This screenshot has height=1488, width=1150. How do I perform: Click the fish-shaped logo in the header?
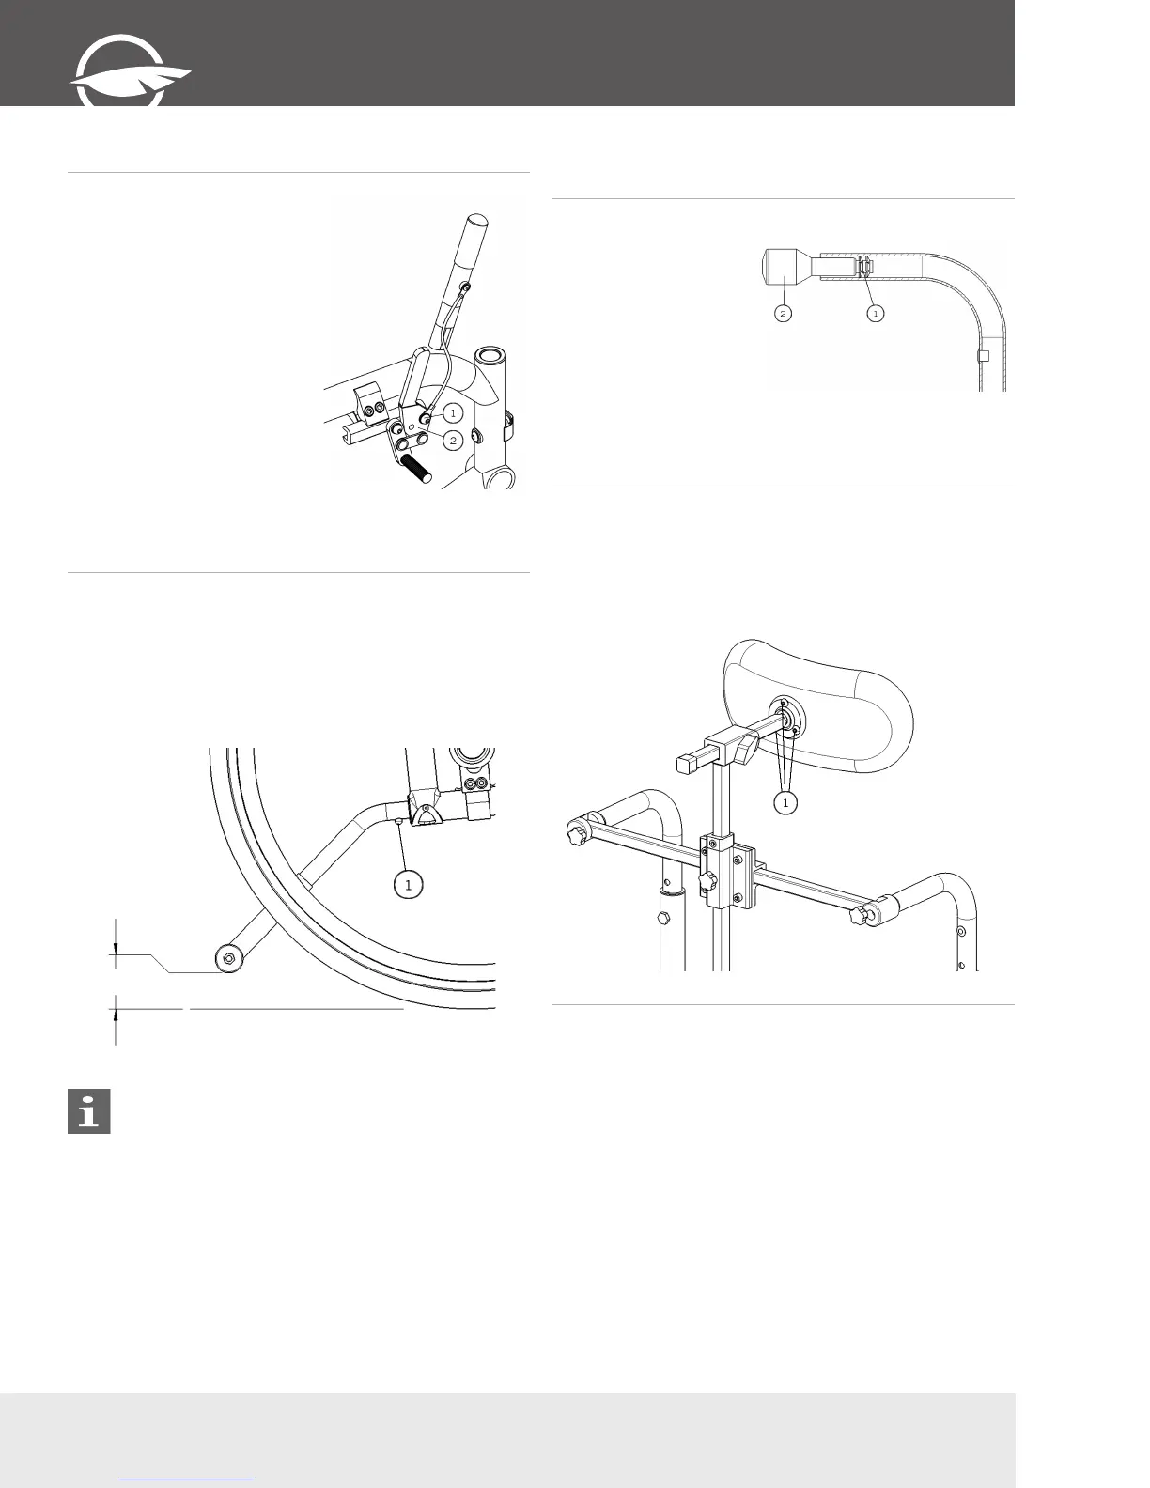pyautogui.click(x=129, y=81)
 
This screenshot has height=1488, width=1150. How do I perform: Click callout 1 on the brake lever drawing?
pyautogui.click(x=453, y=412)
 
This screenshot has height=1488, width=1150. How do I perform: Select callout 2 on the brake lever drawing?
pyautogui.click(x=453, y=440)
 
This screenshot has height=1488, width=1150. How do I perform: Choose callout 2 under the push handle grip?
pyautogui.click(x=784, y=313)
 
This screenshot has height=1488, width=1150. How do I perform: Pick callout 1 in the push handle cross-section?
pyautogui.click(x=875, y=313)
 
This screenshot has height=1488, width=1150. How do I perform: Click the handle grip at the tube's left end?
pyautogui.click(x=783, y=266)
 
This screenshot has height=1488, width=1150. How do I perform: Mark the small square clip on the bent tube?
pyautogui.click(x=984, y=356)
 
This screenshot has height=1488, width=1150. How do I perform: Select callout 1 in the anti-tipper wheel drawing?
pyautogui.click(x=408, y=884)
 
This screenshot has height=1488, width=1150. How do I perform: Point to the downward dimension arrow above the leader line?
pyautogui.click(x=116, y=949)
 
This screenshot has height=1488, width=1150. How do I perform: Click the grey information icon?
pyautogui.click(x=89, y=1112)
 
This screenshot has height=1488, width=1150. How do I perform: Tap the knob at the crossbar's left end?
pyautogui.click(x=575, y=831)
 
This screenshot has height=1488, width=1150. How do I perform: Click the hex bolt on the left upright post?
pyautogui.click(x=666, y=917)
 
